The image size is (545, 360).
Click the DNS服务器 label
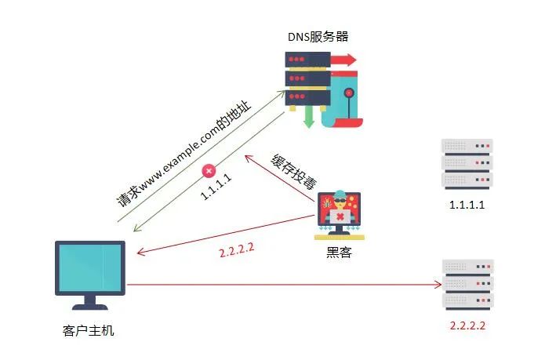[x=318, y=37]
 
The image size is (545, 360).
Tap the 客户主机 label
[x=89, y=330]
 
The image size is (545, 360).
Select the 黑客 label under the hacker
[x=340, y=252]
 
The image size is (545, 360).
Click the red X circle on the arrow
[x=209, y=171]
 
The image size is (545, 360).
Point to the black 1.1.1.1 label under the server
[x=467, y=205]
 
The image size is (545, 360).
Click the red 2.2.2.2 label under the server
[x=467, y=325]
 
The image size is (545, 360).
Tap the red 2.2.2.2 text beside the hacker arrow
[x=237, y=250]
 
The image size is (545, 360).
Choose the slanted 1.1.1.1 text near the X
[x=216, y=187]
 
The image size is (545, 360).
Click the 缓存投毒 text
[x=294, y=172]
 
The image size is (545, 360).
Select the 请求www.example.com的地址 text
[x=183, y=154]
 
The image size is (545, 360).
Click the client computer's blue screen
[x=90, y=267]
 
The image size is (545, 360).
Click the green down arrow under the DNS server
[x=309, y=117]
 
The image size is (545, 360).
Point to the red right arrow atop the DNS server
[x=343, y=60]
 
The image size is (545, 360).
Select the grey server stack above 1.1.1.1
[x=467, y=164]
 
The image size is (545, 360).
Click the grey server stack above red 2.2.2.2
[x=468, y=285]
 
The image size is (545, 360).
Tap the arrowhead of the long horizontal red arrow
[x=438, y=285]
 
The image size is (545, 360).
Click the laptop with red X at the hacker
[x=340, y=217]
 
